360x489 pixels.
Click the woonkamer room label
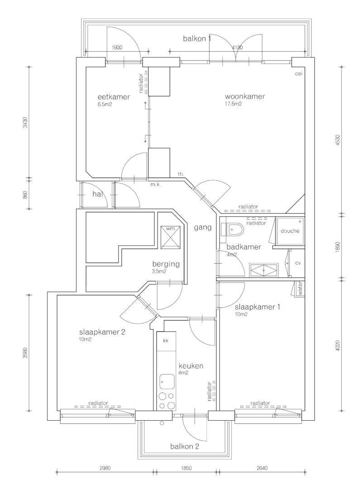tap(245, 96)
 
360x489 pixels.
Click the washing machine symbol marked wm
tap(171, 237)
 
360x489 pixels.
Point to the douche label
tap(290, 231)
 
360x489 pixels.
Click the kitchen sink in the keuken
tap(168, 382)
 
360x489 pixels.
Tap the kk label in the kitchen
tap(166, 340)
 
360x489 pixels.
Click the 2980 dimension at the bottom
tap(105, 468)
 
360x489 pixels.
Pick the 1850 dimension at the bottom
tap(186, 468)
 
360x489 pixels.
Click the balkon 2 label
tap(184, 446)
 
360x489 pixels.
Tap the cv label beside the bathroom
tap(298, 263)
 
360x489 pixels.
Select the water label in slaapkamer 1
tap(300, 289)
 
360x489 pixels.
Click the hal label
tap(98, 194)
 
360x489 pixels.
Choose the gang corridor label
tap(203, 227)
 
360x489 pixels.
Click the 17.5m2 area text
tap(233, 104)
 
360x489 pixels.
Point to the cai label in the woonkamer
tap(298, 74)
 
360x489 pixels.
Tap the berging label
tap(166, 264)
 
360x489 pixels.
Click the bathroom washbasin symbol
tap(264, 269)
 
